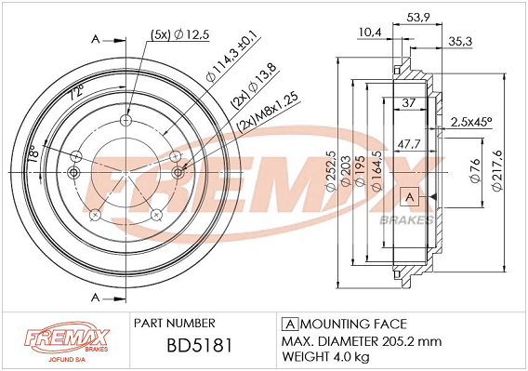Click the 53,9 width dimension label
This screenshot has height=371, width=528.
pyautogui.click(x=418, y=17)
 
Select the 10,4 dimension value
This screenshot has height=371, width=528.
pyautogui.click(x=369, y=33)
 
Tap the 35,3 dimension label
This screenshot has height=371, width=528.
pyautogui.click(x=460, y=42)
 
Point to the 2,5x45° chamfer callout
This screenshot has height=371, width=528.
pyautogui.click(x=471, y=123)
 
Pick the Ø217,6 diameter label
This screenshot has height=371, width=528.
pyautogui.click(x=497, y=171)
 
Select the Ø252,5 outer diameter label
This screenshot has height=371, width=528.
pyautogui.click(x=331, y=171)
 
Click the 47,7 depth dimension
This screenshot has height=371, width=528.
pyautogui.click(x=409, y=144)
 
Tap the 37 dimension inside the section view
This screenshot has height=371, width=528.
pyautogui.click(x=408, y=103)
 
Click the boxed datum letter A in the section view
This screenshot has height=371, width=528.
pyautogui.click(x=409, y=196)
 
